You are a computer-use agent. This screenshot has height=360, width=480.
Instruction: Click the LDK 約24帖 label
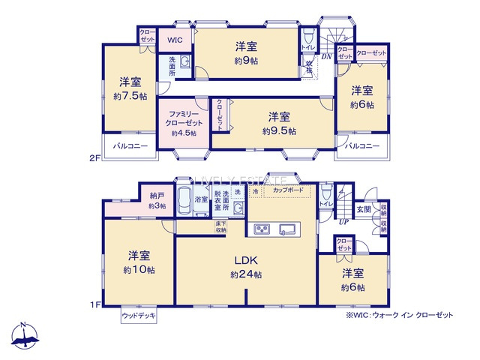click(246, 267)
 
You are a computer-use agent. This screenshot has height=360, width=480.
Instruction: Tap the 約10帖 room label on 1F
click(141, 262)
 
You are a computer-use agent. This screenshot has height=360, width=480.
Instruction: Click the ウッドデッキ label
click(139, 316)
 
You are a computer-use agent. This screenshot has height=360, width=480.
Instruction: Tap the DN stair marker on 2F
click(327, 56)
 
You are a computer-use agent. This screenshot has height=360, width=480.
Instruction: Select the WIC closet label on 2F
click(174, 40)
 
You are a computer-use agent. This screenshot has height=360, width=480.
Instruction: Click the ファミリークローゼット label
click(183, 121)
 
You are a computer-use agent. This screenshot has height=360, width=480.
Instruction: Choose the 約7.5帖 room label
click(130, 88)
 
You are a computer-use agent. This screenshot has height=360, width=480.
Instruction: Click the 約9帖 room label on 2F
click(247, 52)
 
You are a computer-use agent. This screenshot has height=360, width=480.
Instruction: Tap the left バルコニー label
click(131, 146)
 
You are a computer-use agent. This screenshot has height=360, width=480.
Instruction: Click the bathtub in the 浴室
click(184, 201)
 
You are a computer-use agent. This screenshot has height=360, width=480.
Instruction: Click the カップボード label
click(288, 192)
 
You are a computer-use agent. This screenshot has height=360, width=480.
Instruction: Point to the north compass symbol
click(24, 337)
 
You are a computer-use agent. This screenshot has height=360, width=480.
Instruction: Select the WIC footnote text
click(399, 316)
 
